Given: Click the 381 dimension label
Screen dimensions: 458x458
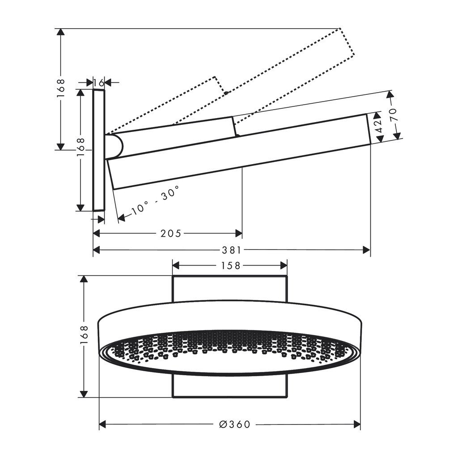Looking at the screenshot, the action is point(232,250).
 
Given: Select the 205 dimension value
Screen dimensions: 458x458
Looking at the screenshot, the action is point(170,233).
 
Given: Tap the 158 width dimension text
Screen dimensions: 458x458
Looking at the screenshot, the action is point(230,266).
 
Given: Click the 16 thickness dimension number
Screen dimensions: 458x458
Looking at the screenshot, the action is point(99,82).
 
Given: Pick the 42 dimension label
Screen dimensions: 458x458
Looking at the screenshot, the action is point(378,127).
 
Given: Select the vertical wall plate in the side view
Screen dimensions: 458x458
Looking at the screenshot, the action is point(99,150).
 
